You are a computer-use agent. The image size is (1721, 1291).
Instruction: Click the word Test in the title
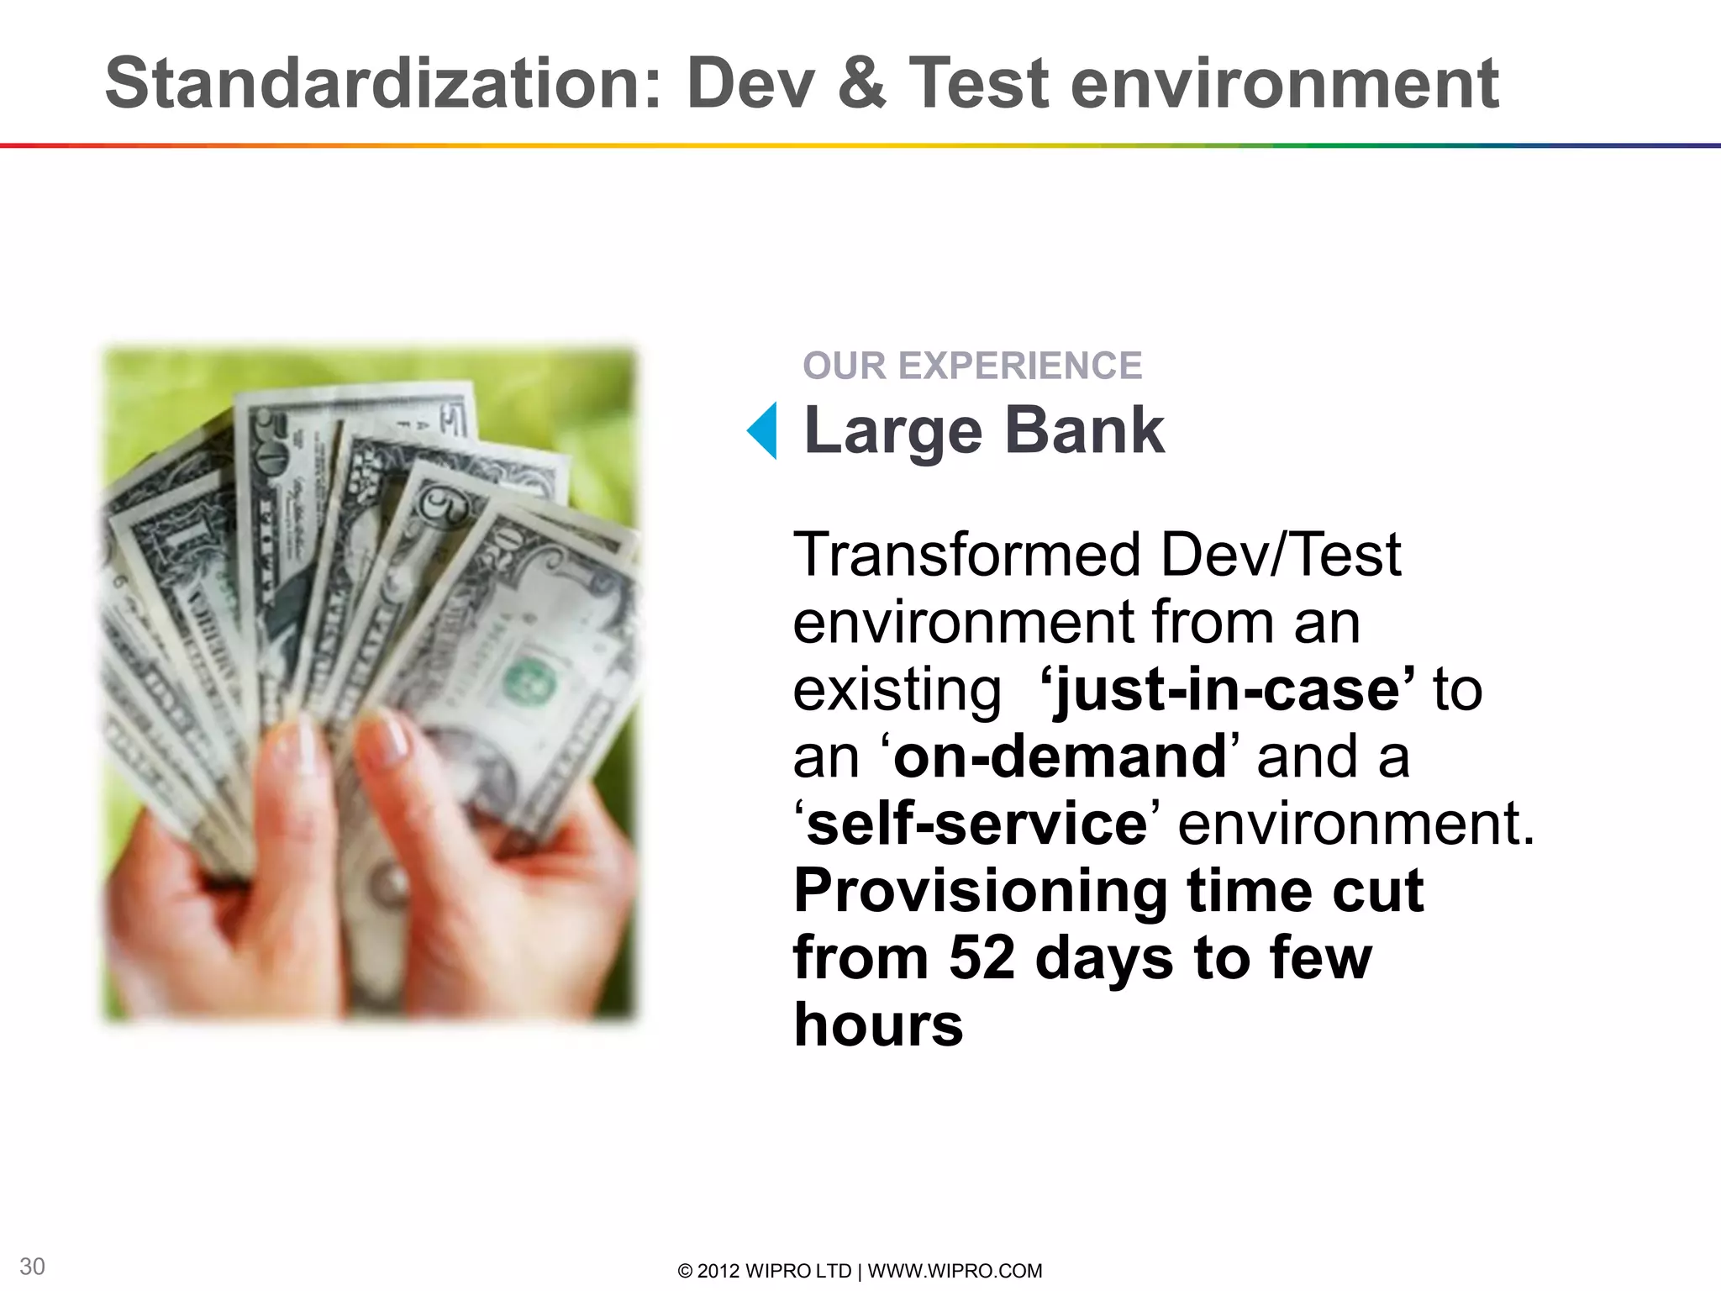pyautogui.click(x=980, y=83)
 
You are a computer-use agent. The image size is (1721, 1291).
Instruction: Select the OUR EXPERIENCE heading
pyautogui.click(x=972, y=366)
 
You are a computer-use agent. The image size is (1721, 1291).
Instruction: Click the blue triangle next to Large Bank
pyautogui.click(x=764, y=430)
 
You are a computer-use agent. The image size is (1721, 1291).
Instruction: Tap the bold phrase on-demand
pyautogui.click(x=1060, y=756)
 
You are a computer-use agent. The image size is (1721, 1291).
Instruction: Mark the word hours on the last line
pyautogui.click(x=878, y=1025)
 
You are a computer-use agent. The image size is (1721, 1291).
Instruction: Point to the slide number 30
pyautogui.click(x=32, y=1267)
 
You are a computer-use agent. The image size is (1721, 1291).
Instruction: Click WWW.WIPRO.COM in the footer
pyautogui.click(x=955, y=1271)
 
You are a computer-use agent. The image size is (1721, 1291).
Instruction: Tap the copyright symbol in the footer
pyautogui.click(x=685, y=1271)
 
